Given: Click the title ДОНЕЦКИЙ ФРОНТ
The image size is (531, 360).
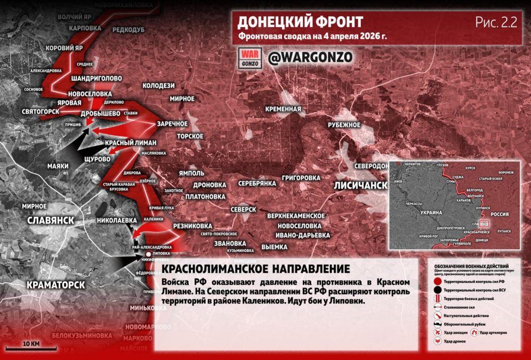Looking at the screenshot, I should point(300,22).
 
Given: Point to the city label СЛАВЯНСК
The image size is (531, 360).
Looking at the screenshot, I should point(50,220).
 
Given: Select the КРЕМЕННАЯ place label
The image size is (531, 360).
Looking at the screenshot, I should point(283,109).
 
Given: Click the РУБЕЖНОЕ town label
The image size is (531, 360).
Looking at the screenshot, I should point(343,125).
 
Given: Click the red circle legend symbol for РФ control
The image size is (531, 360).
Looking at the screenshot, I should point(438,281).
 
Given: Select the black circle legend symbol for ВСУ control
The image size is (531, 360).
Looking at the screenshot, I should point(438,291).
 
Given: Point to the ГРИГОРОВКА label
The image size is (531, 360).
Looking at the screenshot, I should point(301,178).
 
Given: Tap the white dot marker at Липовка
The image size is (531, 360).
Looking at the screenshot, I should point(141,254).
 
